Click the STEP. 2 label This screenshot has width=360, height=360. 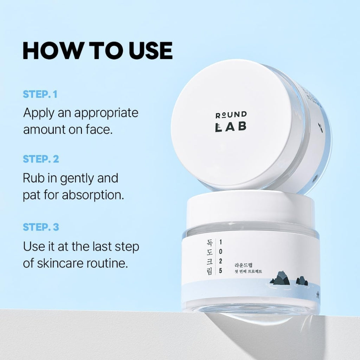coord(41,159)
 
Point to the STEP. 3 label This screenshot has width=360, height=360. coord(41,227)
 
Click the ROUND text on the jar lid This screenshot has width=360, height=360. coord(231,114)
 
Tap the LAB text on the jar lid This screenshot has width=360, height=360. coord(231,127)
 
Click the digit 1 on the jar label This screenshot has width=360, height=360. coord(220,242)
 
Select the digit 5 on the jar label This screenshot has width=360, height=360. coord(220,271)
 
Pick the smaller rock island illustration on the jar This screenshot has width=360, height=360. coord(302,281)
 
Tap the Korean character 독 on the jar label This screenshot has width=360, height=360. coord(209,243)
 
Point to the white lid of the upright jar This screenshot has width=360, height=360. coord(250,207)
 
